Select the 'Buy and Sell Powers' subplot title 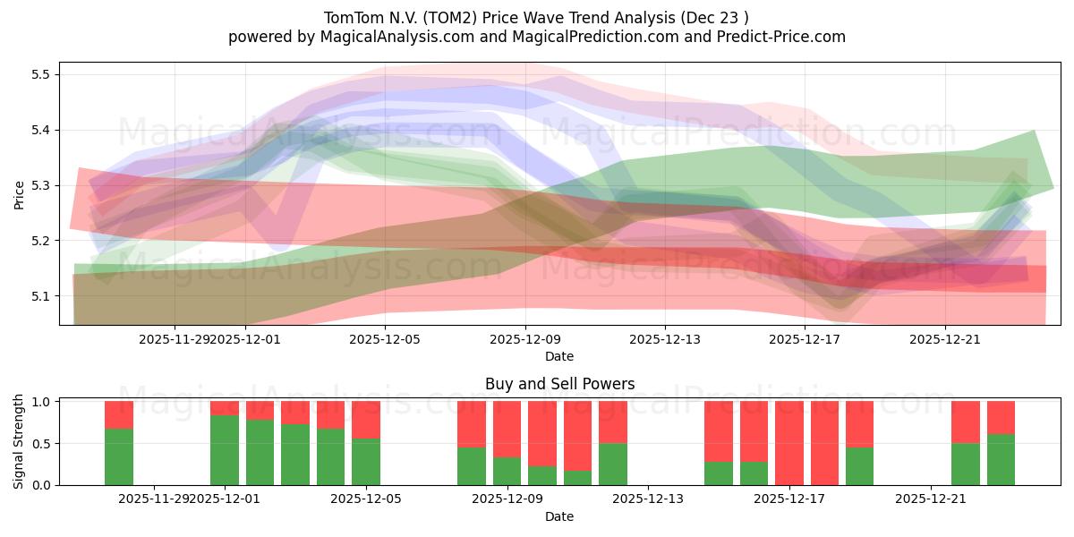tap(559, 384)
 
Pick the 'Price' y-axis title tap(20, 194)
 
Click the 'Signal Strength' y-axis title tap(20, 443)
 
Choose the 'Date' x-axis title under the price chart tap(559, 356)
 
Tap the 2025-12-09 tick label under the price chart tap(525, 339)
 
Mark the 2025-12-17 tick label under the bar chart tap(788, 499)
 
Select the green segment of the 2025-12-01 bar tap(225, 450)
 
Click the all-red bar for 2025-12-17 tap(789, 443)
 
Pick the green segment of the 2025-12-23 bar tap(1001, 459)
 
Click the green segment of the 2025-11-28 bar tap(119, 456)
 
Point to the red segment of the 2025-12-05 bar tap(366, 419)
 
